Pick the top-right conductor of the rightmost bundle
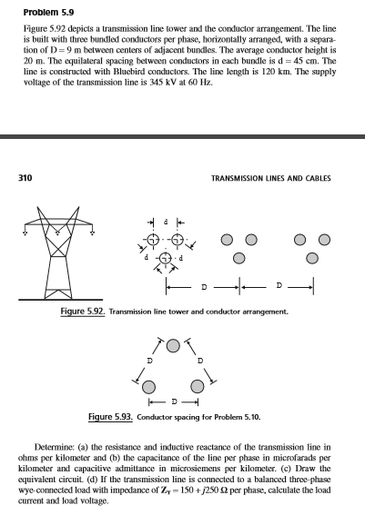pos(323,242)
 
